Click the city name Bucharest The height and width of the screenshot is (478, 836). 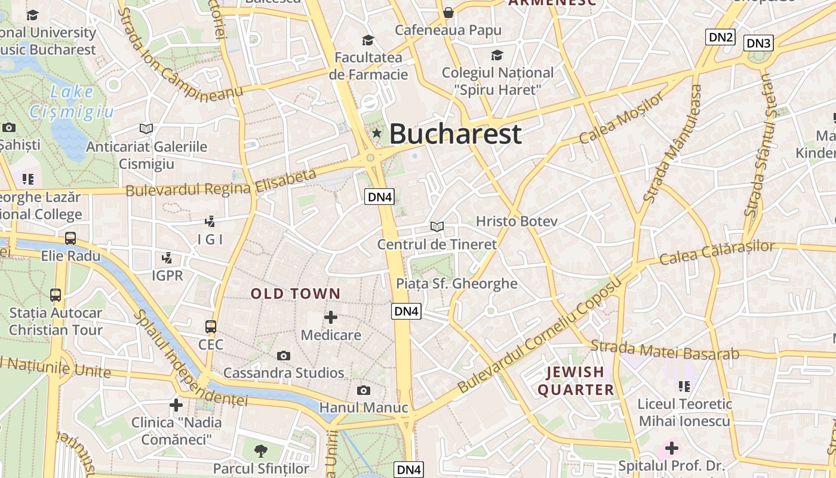(x=456, y=134)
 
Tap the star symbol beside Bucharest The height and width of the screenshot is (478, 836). (x=376, y=133)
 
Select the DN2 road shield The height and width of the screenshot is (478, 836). (x=720, y=37)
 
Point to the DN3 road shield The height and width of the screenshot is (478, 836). (x=759, y=43)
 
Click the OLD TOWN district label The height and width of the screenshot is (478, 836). (x=296, y=294)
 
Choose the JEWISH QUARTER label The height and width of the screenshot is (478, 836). (x=576, y=381)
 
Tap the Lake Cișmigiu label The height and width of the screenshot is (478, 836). (x=72, y=102)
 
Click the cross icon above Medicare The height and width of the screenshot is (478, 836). (x=331, y=317)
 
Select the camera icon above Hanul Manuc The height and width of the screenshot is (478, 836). (x=363, y=391)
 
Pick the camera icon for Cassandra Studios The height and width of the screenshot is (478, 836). (x=284, y=356)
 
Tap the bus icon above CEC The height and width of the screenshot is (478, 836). (x=211, y=327)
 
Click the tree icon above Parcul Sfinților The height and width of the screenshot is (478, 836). (x=260, y=451)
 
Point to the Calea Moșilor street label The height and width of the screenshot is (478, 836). (x=621, y=118)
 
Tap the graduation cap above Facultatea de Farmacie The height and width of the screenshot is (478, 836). (x=368, y=41)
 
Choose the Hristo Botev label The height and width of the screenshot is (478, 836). (x=517, y=222)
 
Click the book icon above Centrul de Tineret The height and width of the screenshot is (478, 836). (x=437, y=227)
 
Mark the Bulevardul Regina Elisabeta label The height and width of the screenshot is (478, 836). (x=221, y=183)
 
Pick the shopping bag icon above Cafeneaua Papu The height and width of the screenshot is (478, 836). (x=448, y=13)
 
